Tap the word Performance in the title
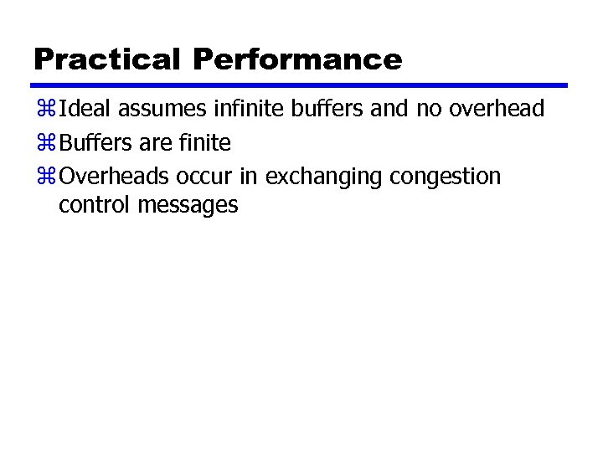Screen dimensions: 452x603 (297, 59)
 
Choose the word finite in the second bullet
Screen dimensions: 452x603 (204, 143)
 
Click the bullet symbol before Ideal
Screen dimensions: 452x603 (44, 110)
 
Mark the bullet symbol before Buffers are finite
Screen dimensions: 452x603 (44, 144)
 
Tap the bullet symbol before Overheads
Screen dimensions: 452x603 (44, 177)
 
